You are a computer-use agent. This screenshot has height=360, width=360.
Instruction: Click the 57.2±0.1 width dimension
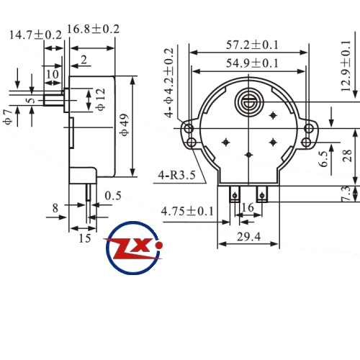[x=252, y=45]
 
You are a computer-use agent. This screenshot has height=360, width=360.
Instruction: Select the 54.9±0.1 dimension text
[x=252, y=63]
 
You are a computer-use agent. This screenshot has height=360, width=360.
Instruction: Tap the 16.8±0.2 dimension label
[x=93, y=30]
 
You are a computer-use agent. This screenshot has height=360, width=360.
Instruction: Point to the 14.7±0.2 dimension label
[x=35, y=35]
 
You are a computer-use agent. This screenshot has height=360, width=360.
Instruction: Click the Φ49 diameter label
[x=125, y=125]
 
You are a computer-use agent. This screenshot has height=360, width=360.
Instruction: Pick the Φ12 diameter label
[x=101, y=99]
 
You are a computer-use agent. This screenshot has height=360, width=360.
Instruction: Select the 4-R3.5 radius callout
[x=177, y=175]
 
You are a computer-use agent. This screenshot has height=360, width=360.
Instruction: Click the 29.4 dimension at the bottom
[x=248, y=237]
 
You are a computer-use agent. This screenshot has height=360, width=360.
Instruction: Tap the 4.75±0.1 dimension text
[x=187, y=212]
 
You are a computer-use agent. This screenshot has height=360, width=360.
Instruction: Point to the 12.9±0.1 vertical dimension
[x=346, y=66]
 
